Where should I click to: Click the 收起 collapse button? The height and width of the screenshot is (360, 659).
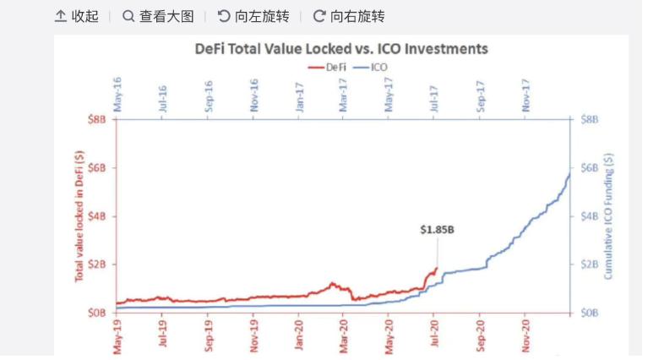(x=77, y=16)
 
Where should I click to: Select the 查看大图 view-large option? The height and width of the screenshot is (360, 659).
(x=158, y=16)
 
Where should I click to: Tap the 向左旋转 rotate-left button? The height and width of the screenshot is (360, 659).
(x=253, y=16)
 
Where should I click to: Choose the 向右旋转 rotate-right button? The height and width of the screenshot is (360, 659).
(x=349, y=16)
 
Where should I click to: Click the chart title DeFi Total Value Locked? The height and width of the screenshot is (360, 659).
(x=341, y=49)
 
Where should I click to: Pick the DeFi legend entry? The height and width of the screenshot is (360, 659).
(x=324, y=67)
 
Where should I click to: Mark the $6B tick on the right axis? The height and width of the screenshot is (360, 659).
(x=589, y=167)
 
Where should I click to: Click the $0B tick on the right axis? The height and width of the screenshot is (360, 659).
(x=589, y=313)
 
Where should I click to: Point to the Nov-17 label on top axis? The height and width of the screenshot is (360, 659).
(x=526, y=95)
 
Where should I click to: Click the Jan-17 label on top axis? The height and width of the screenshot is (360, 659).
(x=299, y=95)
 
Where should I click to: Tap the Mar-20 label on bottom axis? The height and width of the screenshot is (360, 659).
(x=344, y=334)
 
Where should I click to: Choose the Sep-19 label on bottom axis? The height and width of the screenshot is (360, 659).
(x=209, y=334)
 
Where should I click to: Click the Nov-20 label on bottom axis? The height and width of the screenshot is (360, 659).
(x=526, y=334)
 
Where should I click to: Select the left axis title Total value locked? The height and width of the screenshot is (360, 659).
(x=79, y=215)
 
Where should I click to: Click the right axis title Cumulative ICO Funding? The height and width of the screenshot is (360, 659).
(x=608, y=216)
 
